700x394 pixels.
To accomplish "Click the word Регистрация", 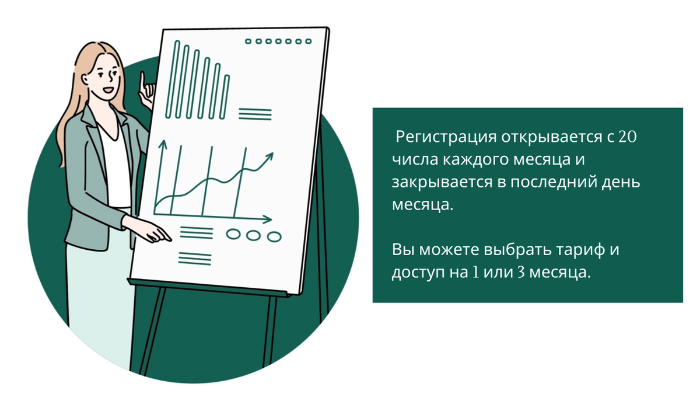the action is coord(446,137).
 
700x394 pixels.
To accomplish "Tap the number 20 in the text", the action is coord(627,137).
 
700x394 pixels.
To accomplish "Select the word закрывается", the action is coord(442,182).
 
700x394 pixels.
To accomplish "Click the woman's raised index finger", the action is coord(143,81).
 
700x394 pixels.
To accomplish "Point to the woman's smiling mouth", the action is coord(108,90).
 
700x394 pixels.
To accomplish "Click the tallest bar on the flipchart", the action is coord(172,79).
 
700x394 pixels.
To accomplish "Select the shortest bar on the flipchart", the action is coord(225,97).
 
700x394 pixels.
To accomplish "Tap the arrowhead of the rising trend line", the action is coord(269,156).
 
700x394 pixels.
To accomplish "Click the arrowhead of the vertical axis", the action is coord(163,145).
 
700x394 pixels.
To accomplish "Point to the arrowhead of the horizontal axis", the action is coord(267,219).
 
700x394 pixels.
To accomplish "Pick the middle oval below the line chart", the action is coord(253,236).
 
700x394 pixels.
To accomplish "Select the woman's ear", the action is coord(85,79).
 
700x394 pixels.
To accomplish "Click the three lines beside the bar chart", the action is coord(255,114).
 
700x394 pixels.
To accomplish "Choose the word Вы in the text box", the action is coord(403,250).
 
